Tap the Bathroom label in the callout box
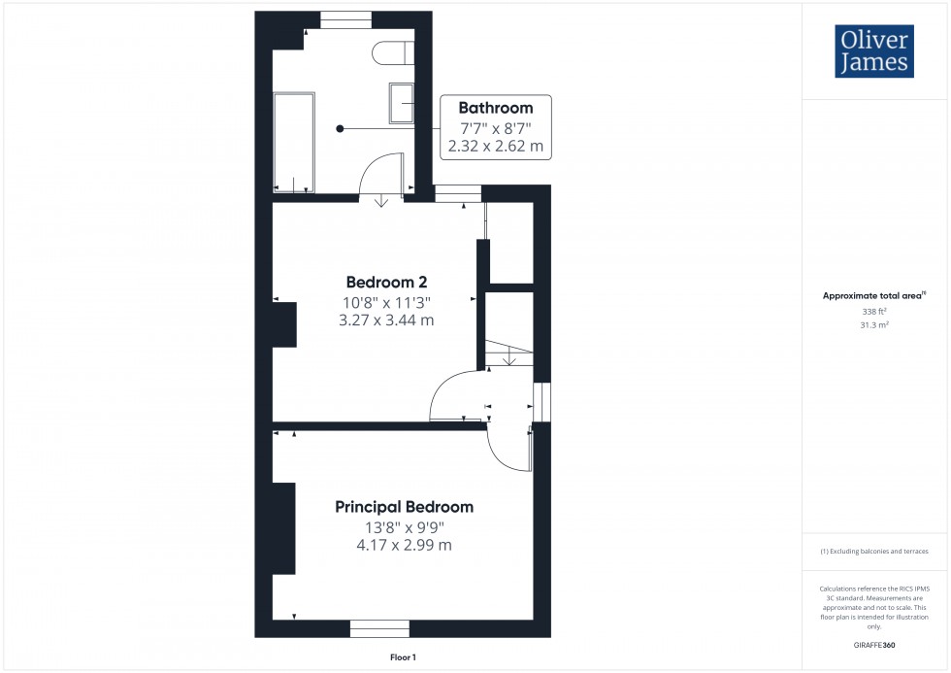[495, 108]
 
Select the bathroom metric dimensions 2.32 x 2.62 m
[495, 148]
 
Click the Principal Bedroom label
[404, 507]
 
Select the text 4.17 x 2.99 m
[404, 545]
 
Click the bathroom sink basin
[402, 103]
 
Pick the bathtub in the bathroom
[294, 142]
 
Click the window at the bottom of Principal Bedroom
[379, 628]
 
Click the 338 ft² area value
[875, 312]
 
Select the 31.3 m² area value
[875, 325]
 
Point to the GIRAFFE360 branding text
[875, 645]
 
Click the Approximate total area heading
[874, 295]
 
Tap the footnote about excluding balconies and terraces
[874, 552]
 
